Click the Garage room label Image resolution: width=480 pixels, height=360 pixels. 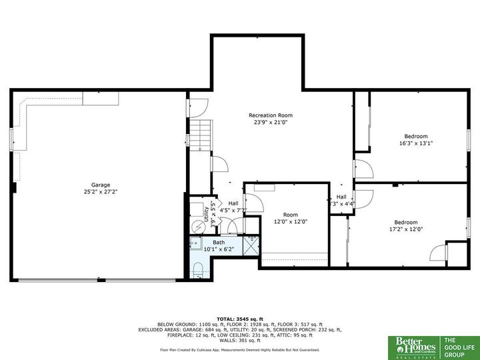tap(101, 185)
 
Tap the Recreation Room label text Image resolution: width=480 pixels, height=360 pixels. tap(271, 115)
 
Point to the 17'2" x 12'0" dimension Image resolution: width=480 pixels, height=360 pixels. tap(405, 229)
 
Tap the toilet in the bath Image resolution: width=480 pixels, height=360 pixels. tap(197, 269)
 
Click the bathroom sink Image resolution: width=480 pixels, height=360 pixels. tap(196, 244)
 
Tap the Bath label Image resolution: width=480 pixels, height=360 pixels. tap(219, 243)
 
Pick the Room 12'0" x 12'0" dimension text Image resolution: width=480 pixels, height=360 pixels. tap(290, 221)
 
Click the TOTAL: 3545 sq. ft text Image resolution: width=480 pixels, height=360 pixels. tap(239, 319)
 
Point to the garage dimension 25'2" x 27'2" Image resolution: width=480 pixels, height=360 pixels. tap(101, 191)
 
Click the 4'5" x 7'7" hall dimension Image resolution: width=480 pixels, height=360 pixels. tap(233, 211)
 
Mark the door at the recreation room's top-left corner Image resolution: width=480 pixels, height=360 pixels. tap(197, 105)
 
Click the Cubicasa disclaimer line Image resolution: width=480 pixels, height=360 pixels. tap(239, 349)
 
